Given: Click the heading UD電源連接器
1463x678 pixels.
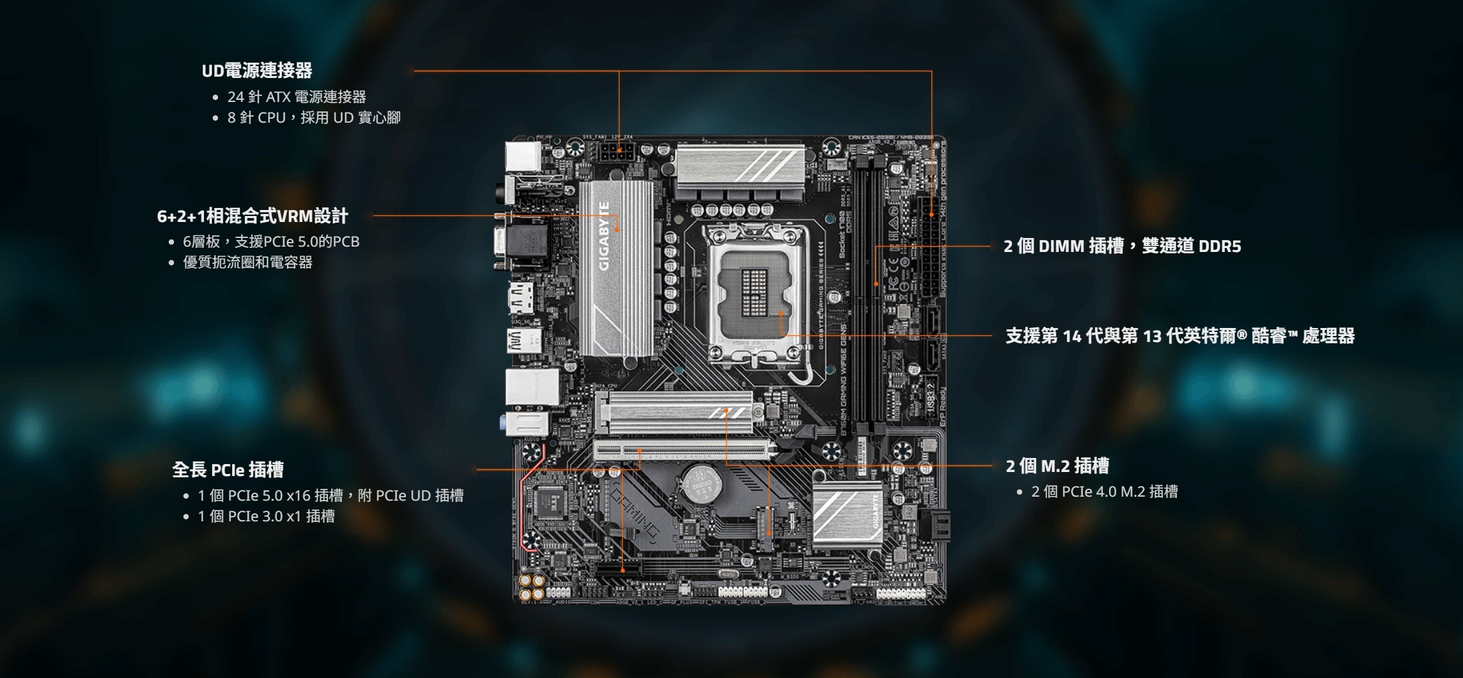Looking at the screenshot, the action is click(x=257, y=71).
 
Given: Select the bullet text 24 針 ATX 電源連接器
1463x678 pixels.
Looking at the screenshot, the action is click(x=296, y=97).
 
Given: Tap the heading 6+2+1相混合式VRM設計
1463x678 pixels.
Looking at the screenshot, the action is click(x=252, y=216).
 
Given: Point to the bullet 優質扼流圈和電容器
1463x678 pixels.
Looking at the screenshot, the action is click(x=247, y=263).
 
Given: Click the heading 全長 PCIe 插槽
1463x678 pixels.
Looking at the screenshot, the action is click(x=227, y=470).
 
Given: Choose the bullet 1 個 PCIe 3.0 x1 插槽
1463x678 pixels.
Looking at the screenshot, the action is click(x=266, y=517).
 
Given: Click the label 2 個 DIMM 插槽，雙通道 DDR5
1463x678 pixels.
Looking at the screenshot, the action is click(x=1122, y=247).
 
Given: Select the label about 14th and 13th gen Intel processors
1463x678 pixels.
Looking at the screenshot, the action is click(x=1180, y=336).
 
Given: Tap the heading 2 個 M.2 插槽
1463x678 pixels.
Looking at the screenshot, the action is click(x=1057, y=466).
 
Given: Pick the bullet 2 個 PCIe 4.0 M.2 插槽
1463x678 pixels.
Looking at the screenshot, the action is click(x=1104, y=492).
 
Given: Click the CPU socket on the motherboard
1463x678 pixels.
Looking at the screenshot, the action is click(x=755, y=294).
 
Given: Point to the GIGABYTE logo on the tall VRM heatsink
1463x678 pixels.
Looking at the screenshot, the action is click(x=604, y=237).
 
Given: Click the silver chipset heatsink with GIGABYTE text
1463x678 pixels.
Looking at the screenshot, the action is click(x=847, y=514).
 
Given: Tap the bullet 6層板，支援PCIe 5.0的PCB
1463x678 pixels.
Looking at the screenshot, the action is click(x=271, y=242).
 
